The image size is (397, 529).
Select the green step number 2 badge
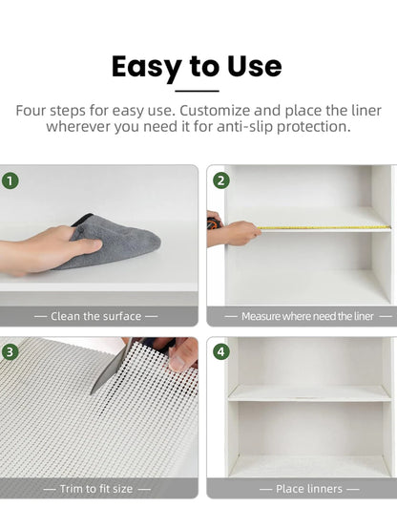pos(221,180)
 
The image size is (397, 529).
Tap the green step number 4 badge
pos(221,351)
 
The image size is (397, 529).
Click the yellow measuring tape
pos(324,227)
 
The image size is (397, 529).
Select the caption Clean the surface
pos(95,316)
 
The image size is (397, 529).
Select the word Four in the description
pos(33,110)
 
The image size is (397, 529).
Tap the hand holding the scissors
pos(181,355)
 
